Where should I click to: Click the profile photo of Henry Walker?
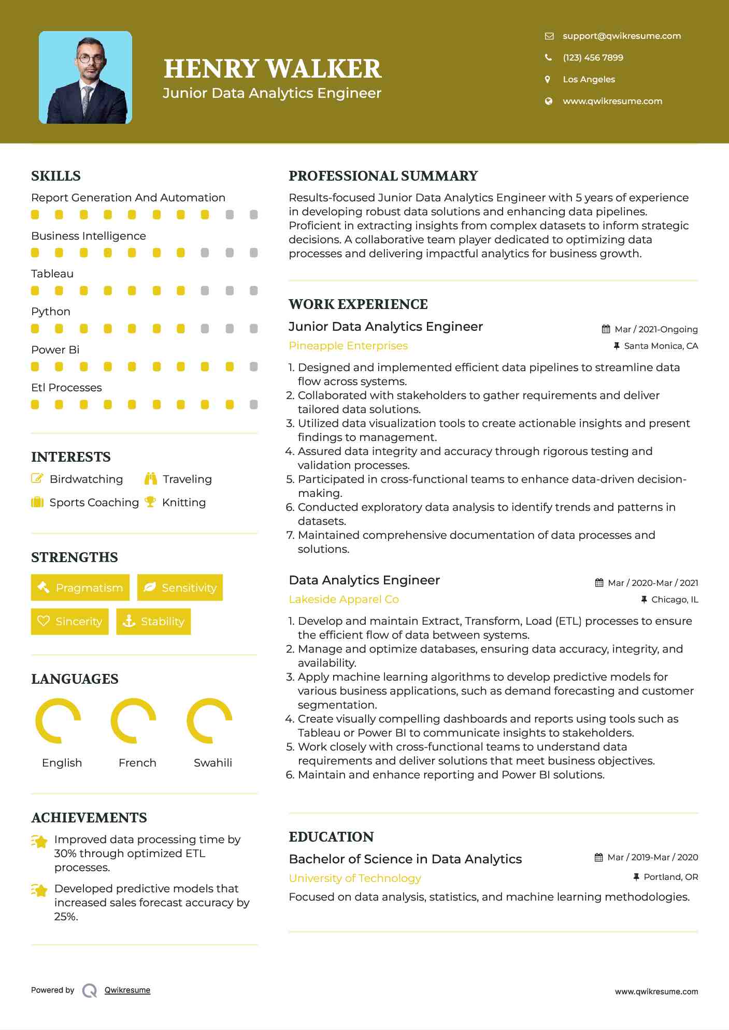pyautogui.click(x=85, y=78)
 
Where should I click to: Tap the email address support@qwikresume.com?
pyautogui.click(x=621, y=36)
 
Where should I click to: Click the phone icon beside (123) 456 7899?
pyautogui.click(x=548, y=57)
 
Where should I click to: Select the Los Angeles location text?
pyautogui.click(x=589, y=79)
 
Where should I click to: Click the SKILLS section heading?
pyautogui.click(x=56, y=176)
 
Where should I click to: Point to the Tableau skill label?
pyautogui.click(x=52, y=274)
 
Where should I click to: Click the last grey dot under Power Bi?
pyautogui.click(x=253, y=366)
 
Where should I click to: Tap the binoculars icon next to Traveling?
pyautogui.click(x=151, y=479)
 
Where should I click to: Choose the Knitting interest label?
pyautogui.click(x=183, y=503)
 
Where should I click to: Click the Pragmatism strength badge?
pyautogui.click(x=80, y=587)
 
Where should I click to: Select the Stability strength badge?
pyautogui.click(x=153, y=621)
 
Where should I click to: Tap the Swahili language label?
pyautogui.click(x=212, y=763)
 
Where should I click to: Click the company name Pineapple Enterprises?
pyautogui.click(x=348, y=346)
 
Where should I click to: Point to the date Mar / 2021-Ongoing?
pyautogui.click(x=655, y=329)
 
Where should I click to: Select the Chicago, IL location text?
pyautogui.click(x=674, y=599)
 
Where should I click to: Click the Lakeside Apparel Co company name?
pyautogui.click(x=344, y=599)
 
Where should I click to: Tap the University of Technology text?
pyautogui.click(x=355, y=878)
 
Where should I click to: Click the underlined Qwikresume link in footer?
pyautogui.click(x=127, y=990)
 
